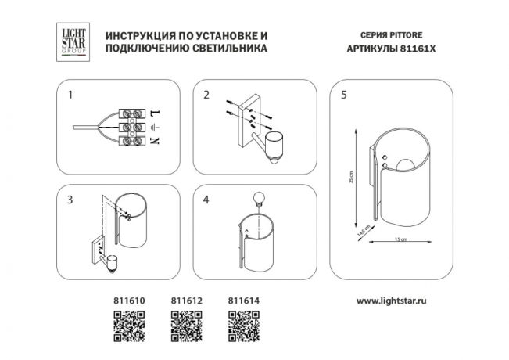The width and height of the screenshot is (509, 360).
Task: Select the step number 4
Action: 206,200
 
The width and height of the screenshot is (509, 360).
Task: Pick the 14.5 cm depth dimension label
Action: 361,232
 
